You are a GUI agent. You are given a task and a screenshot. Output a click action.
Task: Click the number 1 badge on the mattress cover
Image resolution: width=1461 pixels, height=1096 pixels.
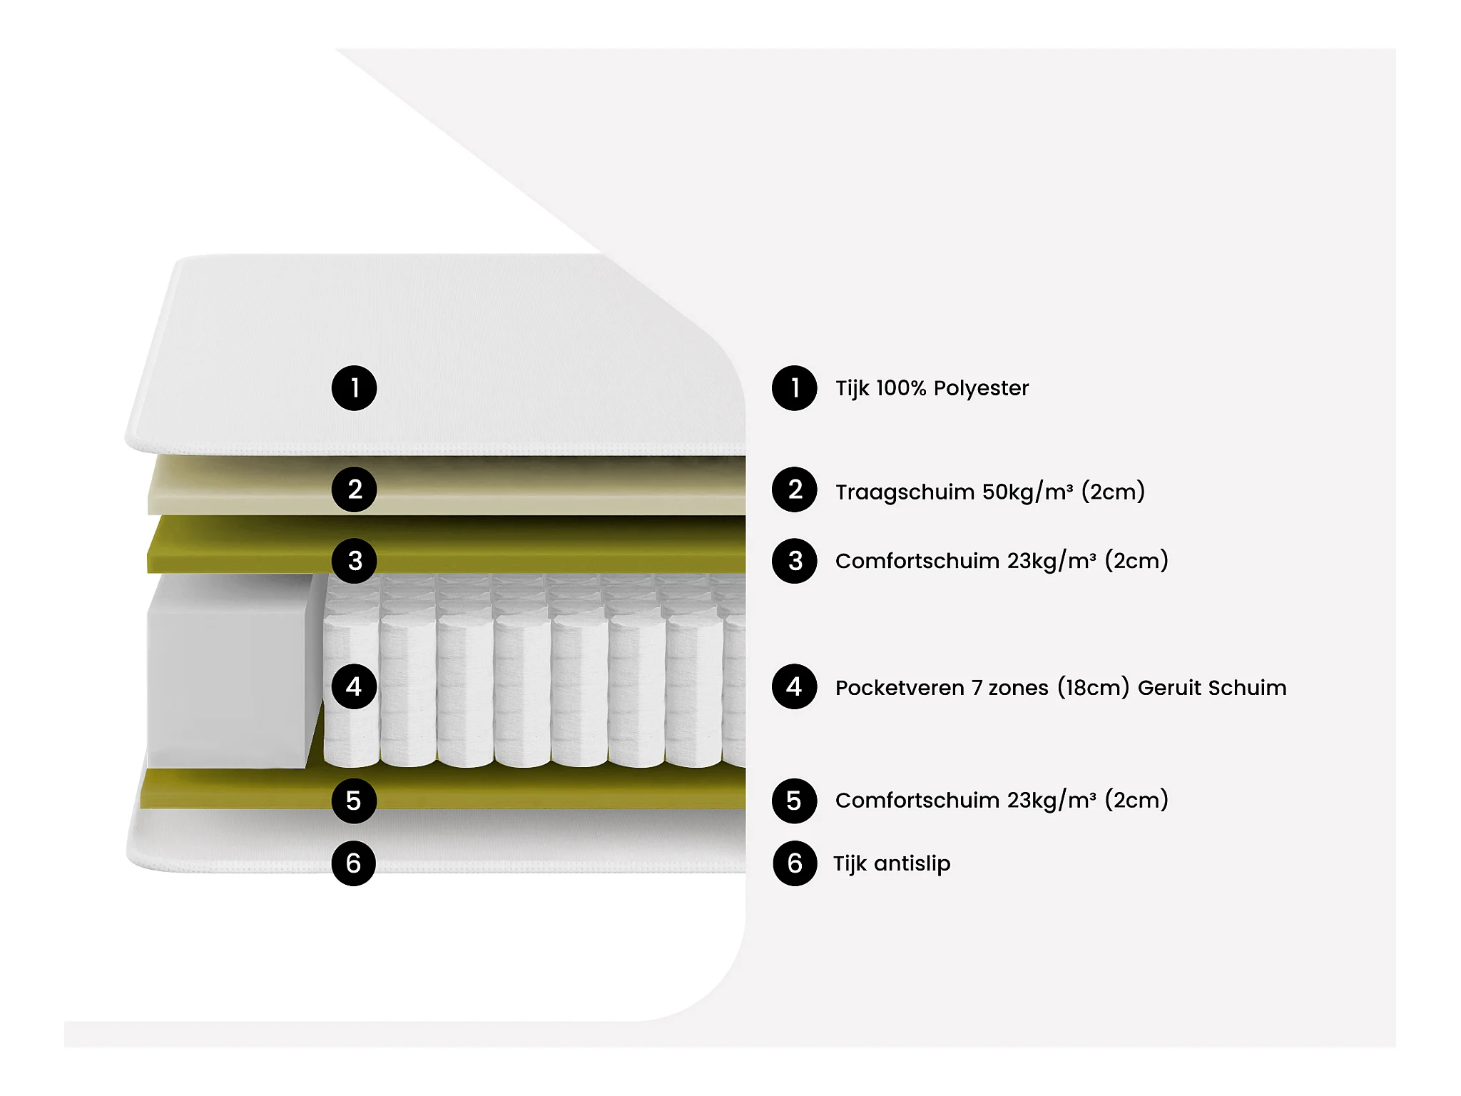354,388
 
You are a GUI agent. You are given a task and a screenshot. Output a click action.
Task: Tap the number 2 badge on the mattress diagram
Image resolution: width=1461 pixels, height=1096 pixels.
354,489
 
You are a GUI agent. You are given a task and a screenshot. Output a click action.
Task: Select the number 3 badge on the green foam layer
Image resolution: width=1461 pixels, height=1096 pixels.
354,561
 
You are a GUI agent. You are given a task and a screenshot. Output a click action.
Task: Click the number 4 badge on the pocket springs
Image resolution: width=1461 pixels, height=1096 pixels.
354,686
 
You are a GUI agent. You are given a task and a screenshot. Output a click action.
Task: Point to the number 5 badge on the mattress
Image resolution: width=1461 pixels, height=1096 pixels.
354,801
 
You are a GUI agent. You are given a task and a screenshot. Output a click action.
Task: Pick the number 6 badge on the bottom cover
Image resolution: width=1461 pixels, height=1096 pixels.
354,863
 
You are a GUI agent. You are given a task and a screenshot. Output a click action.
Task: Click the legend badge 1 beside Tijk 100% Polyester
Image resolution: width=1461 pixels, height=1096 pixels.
794,388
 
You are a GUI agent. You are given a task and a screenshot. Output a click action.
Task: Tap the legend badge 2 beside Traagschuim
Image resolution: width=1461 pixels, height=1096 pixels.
794,489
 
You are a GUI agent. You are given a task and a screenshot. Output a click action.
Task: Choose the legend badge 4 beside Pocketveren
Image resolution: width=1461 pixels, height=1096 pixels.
794,686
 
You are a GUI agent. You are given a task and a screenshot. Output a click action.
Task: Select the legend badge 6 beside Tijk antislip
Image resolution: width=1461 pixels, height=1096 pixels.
794,863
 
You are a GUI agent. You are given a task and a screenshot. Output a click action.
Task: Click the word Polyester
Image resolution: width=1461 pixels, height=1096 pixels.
981,388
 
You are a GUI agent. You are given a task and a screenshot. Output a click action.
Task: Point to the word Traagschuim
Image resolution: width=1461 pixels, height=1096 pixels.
905,492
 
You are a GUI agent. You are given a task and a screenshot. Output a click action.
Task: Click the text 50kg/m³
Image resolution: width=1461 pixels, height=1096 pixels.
1027,492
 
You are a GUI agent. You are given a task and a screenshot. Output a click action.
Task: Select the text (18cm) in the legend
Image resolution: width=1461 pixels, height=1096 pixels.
1093,688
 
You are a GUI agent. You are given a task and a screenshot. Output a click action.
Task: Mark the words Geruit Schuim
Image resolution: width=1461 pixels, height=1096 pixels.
1211,688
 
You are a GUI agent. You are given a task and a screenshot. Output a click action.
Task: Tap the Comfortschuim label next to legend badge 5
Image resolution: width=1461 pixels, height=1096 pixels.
917,801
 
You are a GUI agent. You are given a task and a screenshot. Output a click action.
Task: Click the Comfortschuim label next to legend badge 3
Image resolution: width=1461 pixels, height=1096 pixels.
917,561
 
